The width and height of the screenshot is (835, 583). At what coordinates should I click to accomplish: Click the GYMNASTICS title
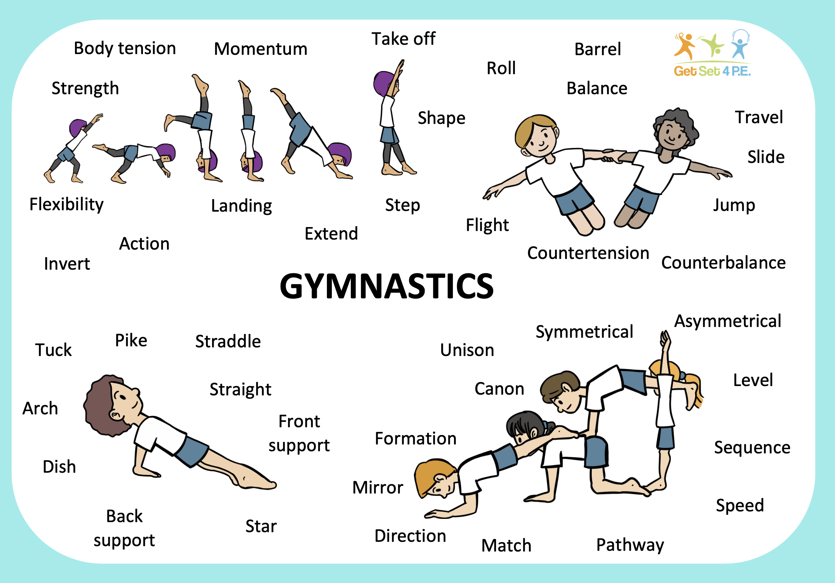click(387, 286)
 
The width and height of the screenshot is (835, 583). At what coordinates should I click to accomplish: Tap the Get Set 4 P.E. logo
click(712, 53)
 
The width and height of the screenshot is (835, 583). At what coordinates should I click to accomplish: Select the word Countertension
click(588, 253)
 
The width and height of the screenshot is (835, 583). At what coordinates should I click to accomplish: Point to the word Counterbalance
click(723, 263)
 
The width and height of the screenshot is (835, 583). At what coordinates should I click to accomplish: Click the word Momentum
click(261, 49)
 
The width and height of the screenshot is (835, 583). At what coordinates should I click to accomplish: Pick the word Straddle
click(228, 341)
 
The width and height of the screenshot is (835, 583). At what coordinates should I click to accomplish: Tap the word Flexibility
click(67, 204)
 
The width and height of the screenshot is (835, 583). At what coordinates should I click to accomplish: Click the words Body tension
click(125, 48)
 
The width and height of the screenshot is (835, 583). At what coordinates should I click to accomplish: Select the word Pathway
click(630, 545)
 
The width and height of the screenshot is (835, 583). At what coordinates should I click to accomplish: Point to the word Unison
click(467, 350)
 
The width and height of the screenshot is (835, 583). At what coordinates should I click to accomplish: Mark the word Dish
click(59, 467)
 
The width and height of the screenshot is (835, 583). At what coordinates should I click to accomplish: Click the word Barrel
click(597, 49)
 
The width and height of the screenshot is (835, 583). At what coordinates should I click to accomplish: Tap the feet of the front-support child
click(254, 480)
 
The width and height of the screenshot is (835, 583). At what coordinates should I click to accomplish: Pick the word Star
click(261, 526)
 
